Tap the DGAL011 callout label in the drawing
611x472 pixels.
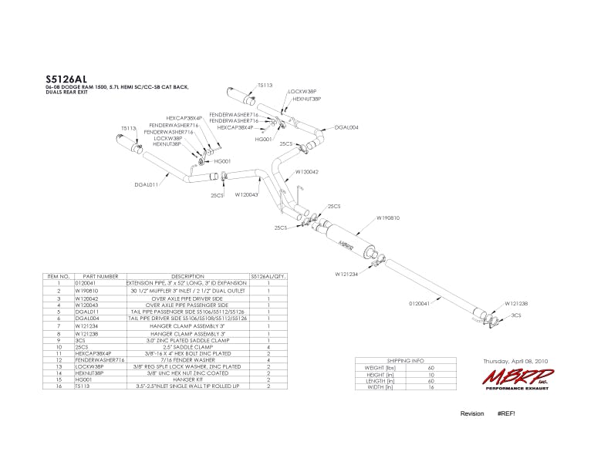point(146,185)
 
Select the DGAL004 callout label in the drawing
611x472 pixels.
point(346,127)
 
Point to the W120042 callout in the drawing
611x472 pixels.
point(307,172)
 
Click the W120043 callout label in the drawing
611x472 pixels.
point(247,195)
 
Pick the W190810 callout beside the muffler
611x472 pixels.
point(388,217)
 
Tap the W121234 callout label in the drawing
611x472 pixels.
point(346,273)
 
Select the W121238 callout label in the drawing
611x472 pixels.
point(516,303)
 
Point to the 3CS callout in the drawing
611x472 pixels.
point(516,315)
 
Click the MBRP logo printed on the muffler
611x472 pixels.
point(346,244)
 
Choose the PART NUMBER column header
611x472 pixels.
point(100,276)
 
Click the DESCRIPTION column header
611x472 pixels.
point(187,276)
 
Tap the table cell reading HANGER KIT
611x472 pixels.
point(187,379)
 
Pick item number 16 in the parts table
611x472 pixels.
point(58,385)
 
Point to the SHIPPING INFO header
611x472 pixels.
point(405,361)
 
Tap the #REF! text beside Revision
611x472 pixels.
point(506,413)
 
